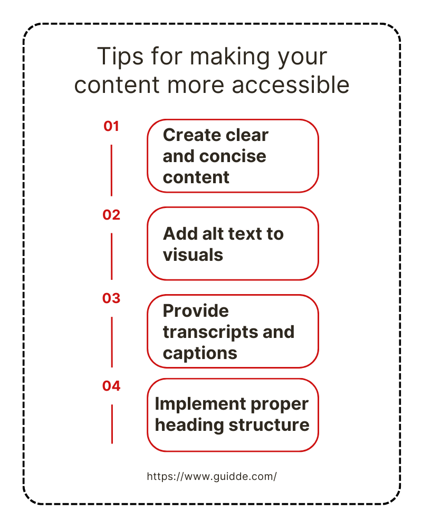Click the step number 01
point(111,126)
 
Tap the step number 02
point(111,215)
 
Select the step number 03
point(111,298)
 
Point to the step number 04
point(111,386)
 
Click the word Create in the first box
point(191,135)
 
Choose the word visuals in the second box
point(193,255)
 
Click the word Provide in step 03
point(196,310)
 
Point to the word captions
point(200,353)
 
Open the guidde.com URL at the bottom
point(212,476)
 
